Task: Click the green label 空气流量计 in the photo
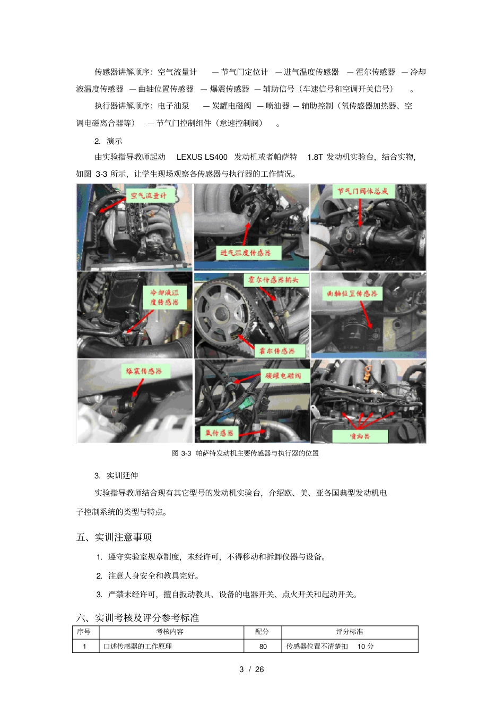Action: (149, 196)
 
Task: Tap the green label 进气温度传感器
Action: (246, 253)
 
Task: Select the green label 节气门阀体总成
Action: (363, 191)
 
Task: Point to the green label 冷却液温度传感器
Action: (164, 297)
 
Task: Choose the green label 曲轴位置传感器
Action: (352, 294)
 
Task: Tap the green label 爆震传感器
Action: (144, 371)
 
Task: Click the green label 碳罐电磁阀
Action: (283, 376)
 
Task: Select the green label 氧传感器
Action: (220, 433)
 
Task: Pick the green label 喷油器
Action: (360, 436)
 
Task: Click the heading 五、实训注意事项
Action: (114, 537)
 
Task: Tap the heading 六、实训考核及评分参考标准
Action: (137, 618)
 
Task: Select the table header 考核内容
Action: (170, 632)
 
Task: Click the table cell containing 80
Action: (263, 647)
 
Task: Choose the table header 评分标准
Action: (350, 632)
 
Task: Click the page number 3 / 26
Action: (251, 669)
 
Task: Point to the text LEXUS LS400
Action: (202, 157)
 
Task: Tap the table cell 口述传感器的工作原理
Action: (137, 647)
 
